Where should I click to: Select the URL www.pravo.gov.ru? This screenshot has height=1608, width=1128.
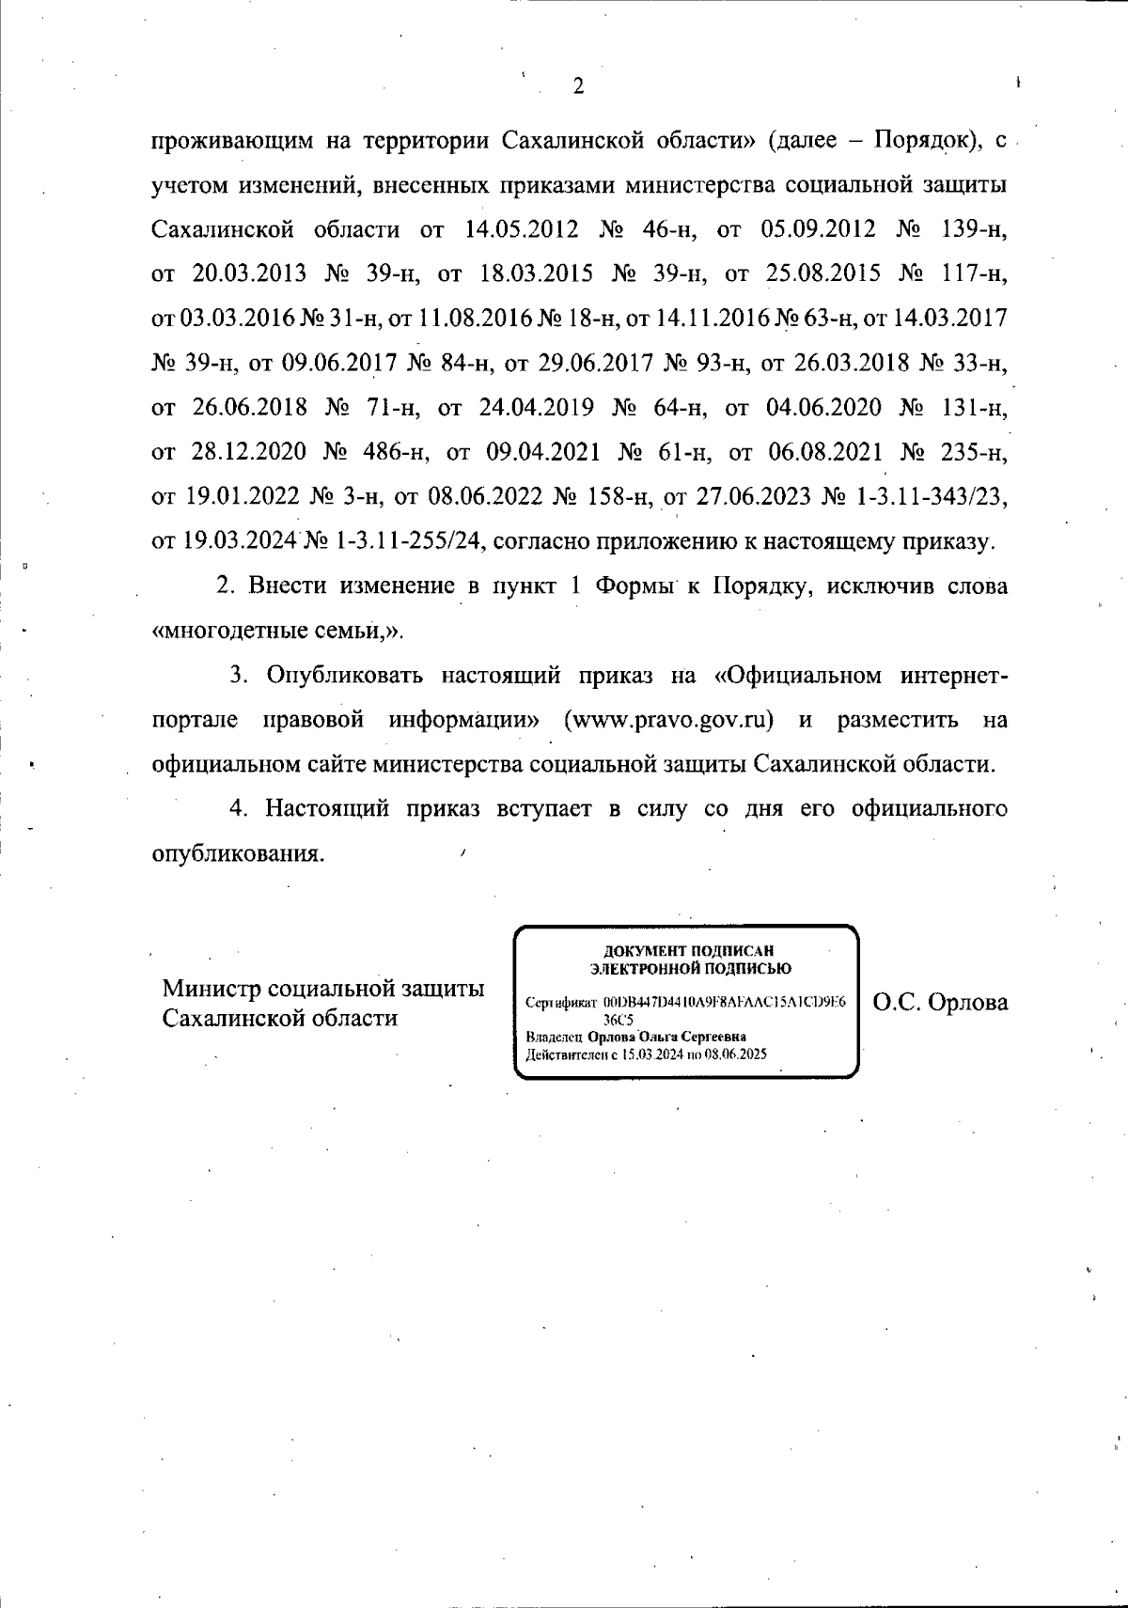click(x=668, y=721)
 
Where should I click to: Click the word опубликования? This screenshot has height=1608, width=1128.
click(x=239, y=854)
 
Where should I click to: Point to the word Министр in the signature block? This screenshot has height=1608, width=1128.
click(x=211, y=990)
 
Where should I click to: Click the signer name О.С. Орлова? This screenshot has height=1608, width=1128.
click(x=941, y=1003)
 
